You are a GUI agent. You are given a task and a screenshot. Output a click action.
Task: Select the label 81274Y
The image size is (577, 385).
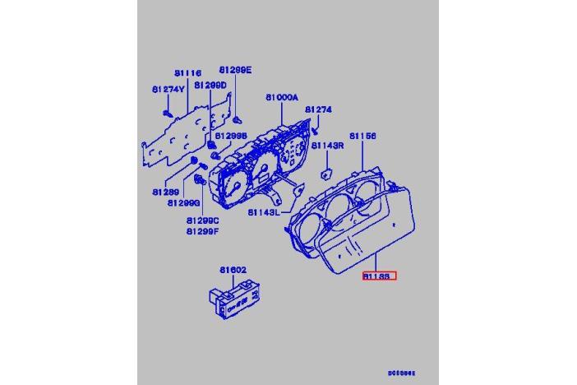[x=168, y=88]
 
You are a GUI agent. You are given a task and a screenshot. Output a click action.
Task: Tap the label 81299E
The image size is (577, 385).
[x=235, y=70]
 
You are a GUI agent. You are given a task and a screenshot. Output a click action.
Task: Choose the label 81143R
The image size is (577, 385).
[x=327, y=146]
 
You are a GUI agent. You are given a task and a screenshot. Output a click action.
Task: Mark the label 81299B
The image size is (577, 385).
[x=230, y=136]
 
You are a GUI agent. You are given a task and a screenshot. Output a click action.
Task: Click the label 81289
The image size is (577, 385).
[x=164, y=192]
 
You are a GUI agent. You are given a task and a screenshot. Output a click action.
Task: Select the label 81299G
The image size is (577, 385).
[x=184, y=202]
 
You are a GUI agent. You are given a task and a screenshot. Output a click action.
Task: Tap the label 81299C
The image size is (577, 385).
[x=201, y=220]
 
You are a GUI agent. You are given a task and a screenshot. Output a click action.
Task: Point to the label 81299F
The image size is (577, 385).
[x=201, y=231]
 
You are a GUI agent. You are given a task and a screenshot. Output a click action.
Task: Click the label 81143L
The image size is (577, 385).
[x=264, y=212]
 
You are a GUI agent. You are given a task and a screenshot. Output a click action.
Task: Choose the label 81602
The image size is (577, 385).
[x=233, y=269]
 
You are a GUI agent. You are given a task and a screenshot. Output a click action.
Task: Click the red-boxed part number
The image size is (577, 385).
[x=379, y=277]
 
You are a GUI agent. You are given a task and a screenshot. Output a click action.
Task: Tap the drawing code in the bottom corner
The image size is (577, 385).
[x=402, y=373]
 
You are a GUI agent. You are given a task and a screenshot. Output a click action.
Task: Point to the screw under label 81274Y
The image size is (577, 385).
[x=167, y=109]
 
